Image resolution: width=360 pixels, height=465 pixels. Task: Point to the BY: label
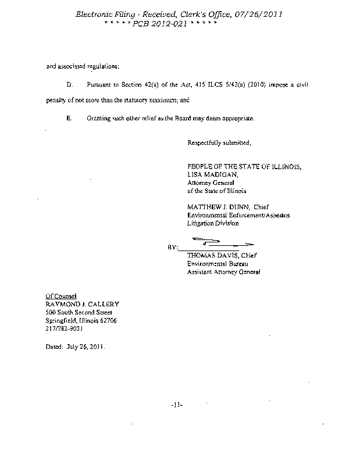[x=173, y=248]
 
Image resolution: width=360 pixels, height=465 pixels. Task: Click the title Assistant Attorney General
[x=224, y=271]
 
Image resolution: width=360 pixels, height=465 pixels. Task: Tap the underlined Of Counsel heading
[x=62, y=295]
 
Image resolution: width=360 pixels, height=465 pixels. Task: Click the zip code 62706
[x=108, y=320]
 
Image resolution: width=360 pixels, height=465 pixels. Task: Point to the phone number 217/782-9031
[x=65, y=328]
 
